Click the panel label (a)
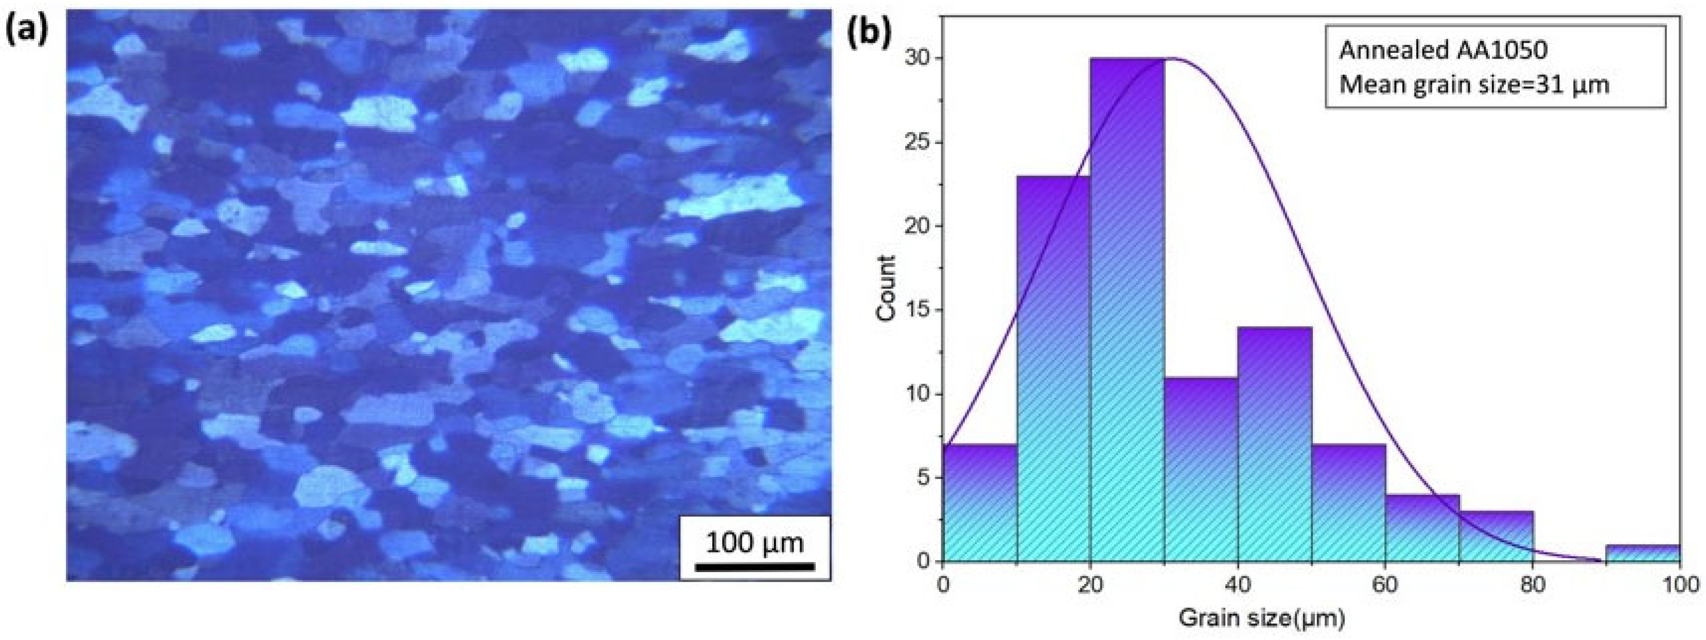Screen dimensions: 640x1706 (x=26, y=31)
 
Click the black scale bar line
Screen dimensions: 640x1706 (x=754, y=566)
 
